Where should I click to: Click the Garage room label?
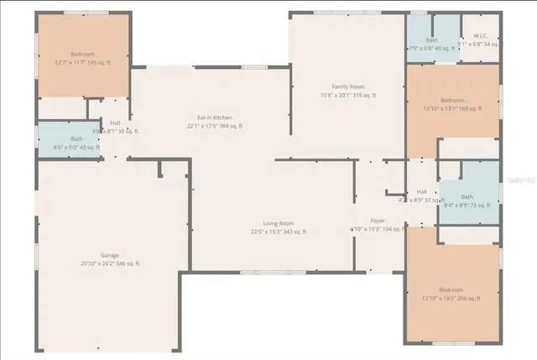pos(109,255)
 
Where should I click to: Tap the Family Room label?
pos(347,86)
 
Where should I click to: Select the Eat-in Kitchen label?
pos(214,117)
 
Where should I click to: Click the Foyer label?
pos(378,220)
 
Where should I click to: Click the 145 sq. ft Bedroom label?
pos(82,53)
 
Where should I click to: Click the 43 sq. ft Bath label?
pos(76,139)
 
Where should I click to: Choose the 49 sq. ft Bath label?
pos(431,40)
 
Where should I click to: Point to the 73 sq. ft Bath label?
pos(467,197)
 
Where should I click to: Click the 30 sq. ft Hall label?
pos(115,123)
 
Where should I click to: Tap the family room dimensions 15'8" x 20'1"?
pos(333,95)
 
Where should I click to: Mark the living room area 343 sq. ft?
pos(294,232)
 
